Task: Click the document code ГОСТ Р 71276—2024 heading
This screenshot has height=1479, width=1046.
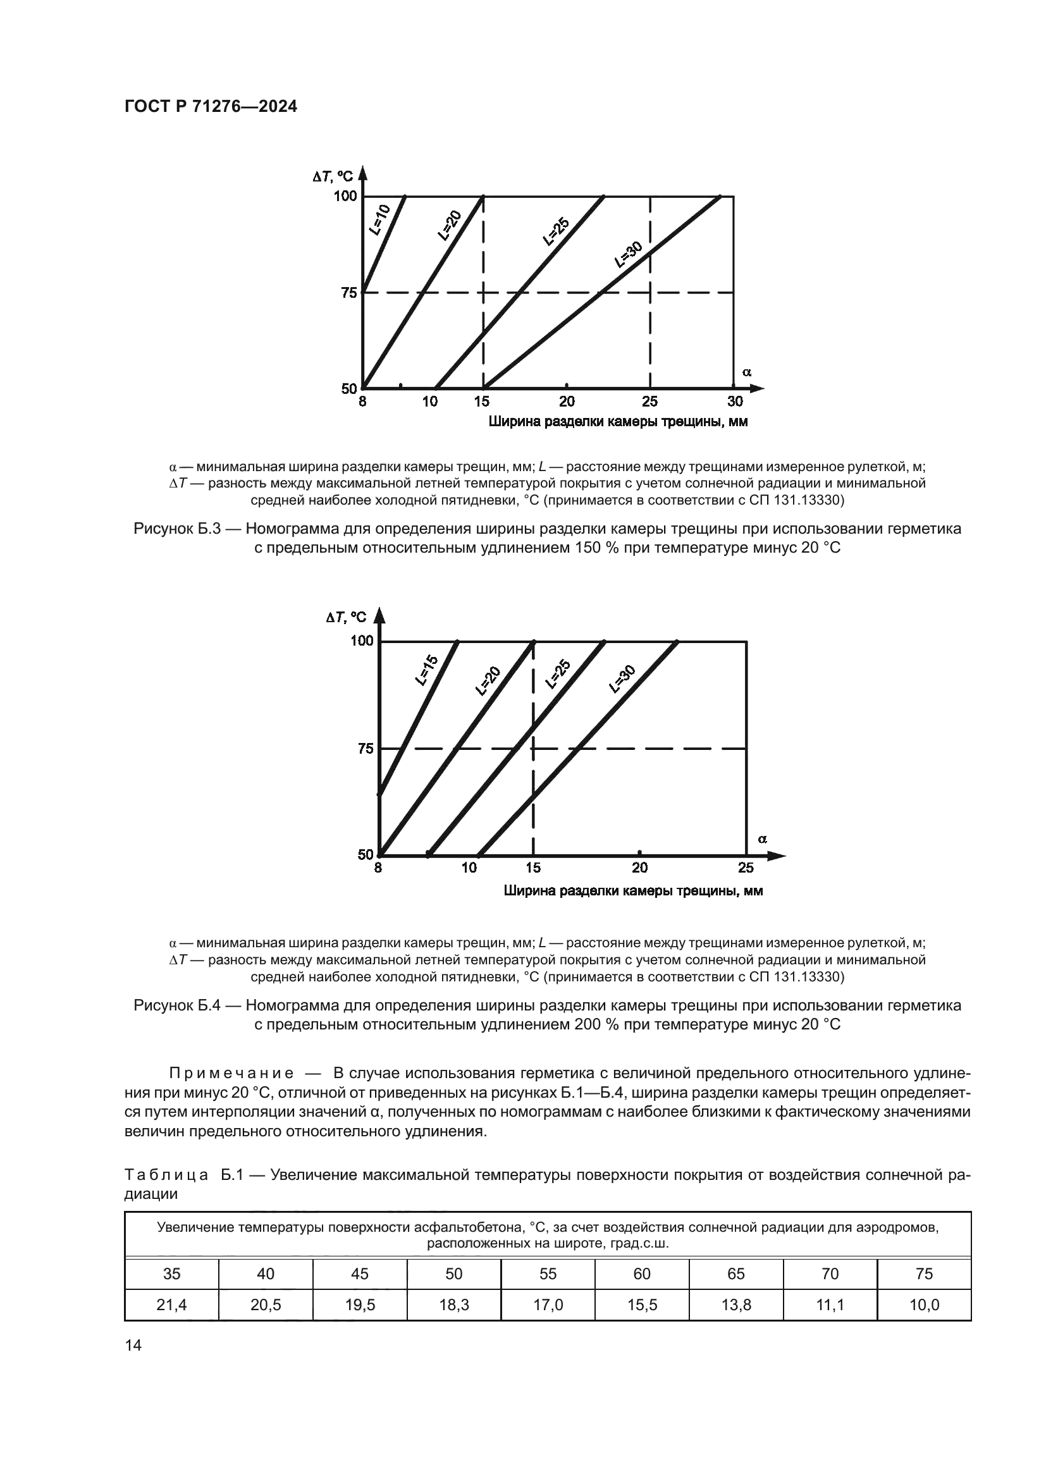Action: [211, 107]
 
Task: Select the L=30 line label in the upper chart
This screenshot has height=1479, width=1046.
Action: [629, 254]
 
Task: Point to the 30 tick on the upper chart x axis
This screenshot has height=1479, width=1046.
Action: [735, 402]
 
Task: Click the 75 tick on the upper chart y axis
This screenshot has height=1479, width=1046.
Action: [348, 293]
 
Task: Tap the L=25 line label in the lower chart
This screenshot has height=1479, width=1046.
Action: [558, 675]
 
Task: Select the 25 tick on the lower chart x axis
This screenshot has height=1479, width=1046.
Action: [746, 868]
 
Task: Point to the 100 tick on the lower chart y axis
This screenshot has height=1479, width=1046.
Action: [362, 641]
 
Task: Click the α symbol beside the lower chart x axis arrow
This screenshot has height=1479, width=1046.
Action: [763, 838]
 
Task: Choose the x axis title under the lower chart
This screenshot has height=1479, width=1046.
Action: [632, 892]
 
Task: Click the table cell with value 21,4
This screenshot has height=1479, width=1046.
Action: [171, 1305]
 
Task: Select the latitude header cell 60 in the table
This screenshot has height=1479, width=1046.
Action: [641, 1273]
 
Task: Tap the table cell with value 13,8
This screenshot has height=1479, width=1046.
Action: [735, 1305]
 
